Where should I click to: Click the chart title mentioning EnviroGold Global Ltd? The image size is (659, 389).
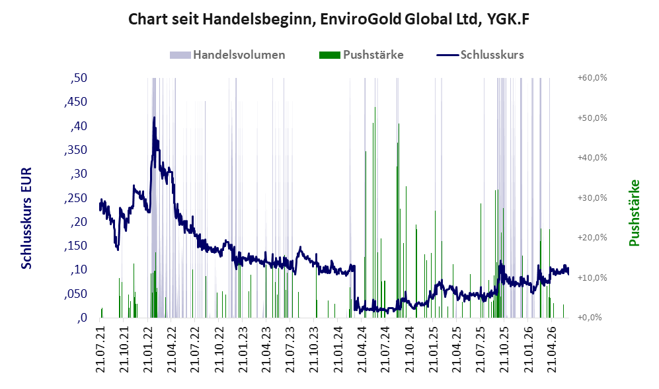click(x=329, y=19)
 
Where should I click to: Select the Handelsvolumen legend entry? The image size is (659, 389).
click(x=227, y=55)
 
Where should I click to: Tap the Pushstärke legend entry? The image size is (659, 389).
click(x=362, y=55)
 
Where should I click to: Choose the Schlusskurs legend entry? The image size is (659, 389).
click(x=481, y=55)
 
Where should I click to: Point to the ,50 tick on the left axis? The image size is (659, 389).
click(x=79, y=78)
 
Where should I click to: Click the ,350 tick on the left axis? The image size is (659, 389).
click(x=75, y=150)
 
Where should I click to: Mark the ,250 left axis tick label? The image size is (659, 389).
click(x=75, y=198)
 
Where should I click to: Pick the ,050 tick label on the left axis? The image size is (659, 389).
click(x=75, y=294)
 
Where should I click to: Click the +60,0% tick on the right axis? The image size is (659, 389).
click(x=592, y=78)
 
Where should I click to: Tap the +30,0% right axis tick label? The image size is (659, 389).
click(x=592, y=197)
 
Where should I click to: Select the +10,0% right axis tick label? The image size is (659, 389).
click(x=592, y=277)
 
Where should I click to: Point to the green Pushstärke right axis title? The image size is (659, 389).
click(x=634, y=213)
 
